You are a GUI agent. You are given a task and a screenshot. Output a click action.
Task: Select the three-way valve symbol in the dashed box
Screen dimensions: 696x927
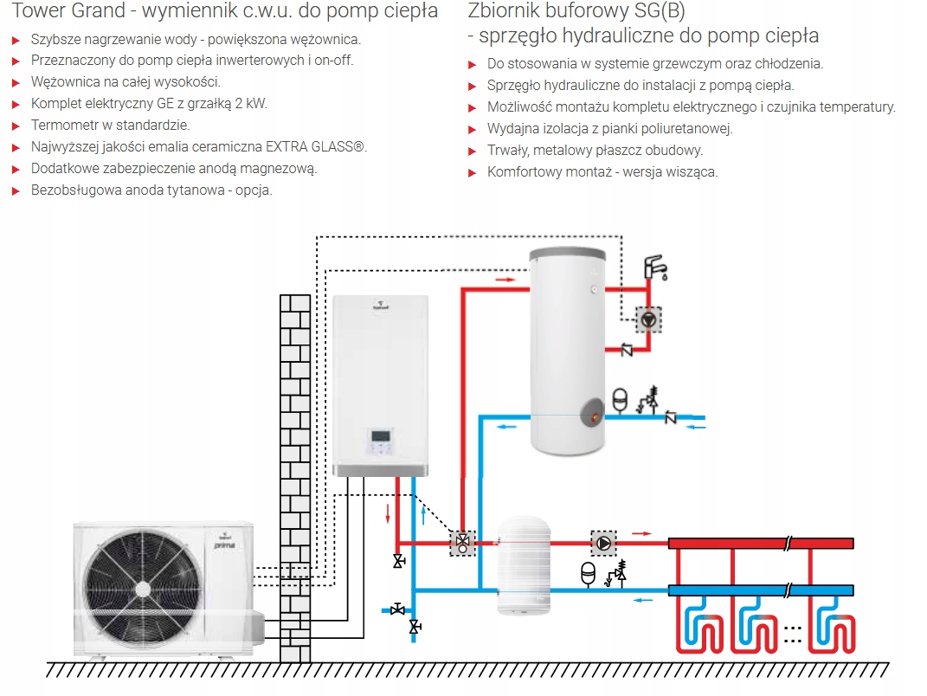(463, 544)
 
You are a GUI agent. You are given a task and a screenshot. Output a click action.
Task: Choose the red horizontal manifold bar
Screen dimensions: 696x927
(762, 544)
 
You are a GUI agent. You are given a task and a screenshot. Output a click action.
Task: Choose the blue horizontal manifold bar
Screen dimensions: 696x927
(762, 590)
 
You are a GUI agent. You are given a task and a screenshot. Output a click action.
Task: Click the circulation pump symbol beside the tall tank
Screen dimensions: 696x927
(647, 320)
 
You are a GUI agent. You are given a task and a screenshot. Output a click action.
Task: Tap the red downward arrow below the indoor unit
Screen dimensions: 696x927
(387, 514)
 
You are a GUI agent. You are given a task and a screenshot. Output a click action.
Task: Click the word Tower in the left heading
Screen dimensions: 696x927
(35, 11)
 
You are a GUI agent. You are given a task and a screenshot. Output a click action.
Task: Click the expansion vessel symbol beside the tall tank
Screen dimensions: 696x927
(620, 399)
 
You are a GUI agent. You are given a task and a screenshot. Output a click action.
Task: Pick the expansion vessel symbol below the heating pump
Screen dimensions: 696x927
(588, 573)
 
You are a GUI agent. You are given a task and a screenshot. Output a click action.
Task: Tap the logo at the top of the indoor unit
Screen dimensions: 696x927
(380, 306)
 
